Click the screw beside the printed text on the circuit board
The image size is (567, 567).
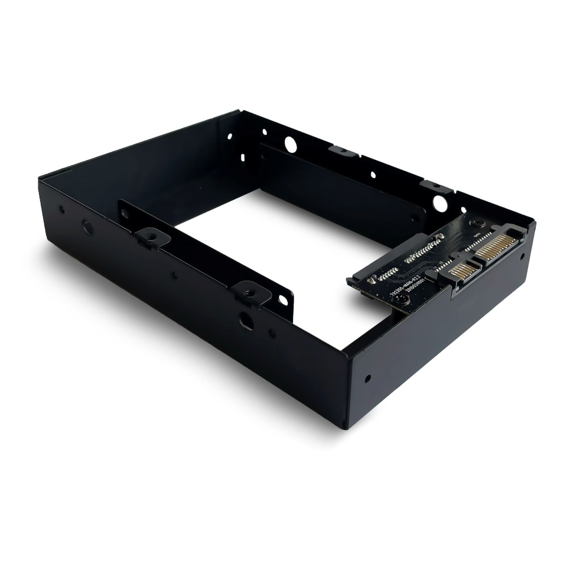(x=401, y=299)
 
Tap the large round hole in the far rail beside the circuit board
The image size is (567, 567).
(x=439, y=203)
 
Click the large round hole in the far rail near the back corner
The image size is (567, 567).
(x=290, y=143)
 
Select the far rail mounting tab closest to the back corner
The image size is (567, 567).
(x=343, y=152)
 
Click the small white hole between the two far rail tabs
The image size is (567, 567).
(x=373, y=174)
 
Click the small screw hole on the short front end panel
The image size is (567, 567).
(x=368, y=379)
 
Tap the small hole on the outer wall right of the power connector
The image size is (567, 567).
(x=522, y=256)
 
